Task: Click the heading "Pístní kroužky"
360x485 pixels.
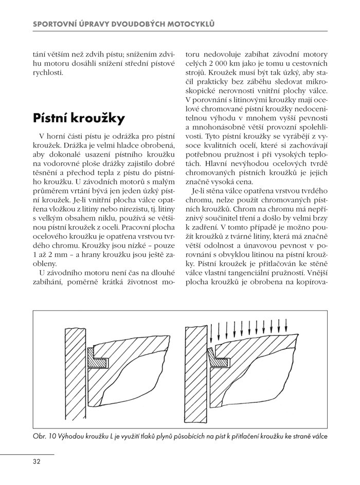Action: click(79, 119)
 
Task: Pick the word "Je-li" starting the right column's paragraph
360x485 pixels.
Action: click(199, 192)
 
